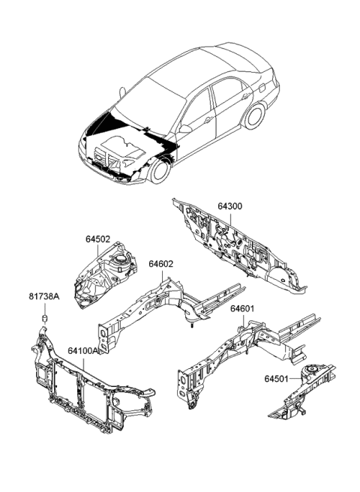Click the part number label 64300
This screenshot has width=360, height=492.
pos(230,205)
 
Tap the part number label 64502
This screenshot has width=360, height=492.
pos(97,239)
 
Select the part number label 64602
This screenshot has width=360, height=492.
pos(160,264)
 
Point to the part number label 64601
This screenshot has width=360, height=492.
pos(242,308)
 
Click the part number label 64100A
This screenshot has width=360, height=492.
pos(82,349)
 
